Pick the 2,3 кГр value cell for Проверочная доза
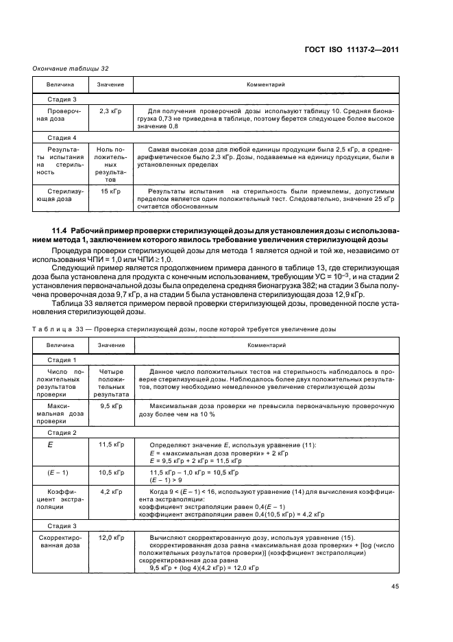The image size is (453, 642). coord(110,110)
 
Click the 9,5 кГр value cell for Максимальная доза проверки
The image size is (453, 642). coord(110,406)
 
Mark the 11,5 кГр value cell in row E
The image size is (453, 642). coord(110,446)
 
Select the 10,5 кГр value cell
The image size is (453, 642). coord(110,473)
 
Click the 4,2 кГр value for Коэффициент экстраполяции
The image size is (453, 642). coord(110,492)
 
